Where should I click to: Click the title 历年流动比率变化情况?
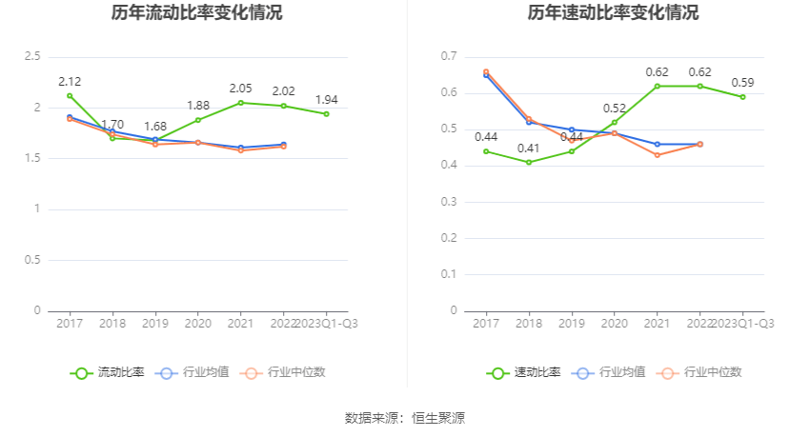click(196, 13)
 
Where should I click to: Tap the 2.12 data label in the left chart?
click(70, 81)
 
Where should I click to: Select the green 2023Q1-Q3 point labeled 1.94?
click(326, 114)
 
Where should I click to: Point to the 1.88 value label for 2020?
click(198, 106)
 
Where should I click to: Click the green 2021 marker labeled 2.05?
click(240, 103)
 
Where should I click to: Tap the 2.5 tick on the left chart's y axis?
click(32, 57)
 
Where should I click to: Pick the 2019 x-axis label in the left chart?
click(155, 324)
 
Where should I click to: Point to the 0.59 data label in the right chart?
click(742, 82)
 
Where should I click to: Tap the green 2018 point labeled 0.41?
click(529, 162)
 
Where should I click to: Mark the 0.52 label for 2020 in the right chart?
click(615, 108)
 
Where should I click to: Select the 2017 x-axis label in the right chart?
click(486, 324)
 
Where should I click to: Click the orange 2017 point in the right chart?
click(486, 71)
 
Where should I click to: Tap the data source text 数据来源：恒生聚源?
click(405, 417)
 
